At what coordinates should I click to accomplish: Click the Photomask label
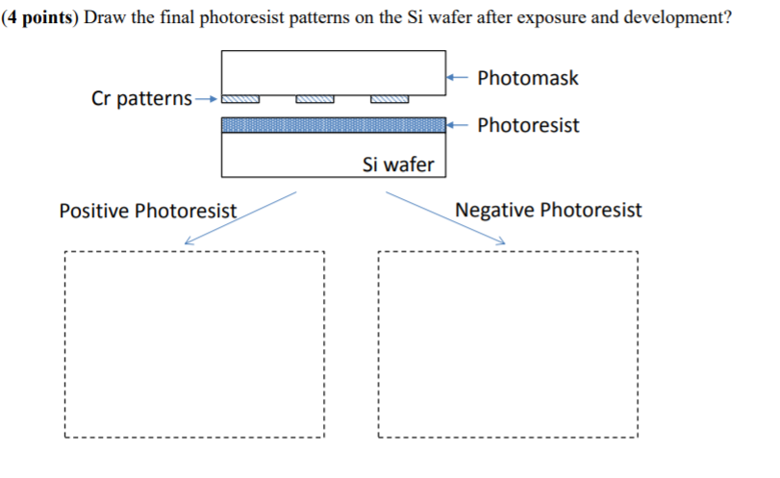[x=527, y=78]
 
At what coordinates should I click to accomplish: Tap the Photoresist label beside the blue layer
[x=528, y=125]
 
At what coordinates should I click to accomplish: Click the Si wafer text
[x=398, y=164]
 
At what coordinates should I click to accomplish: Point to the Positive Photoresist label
[x=147, y=211]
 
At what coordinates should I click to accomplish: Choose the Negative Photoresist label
[x=548, y=210]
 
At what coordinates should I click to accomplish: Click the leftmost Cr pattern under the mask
[x=240, y=98]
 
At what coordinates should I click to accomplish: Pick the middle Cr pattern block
[x=315, y=98]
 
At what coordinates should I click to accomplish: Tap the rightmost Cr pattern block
[x=389, y=98]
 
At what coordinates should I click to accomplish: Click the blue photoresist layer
[x=333, y=125]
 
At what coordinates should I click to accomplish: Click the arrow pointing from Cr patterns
[x=207, y=98]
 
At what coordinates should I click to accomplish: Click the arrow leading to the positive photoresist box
[x=240, y=217]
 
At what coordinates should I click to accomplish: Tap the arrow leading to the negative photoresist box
[x=444, y=217]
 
